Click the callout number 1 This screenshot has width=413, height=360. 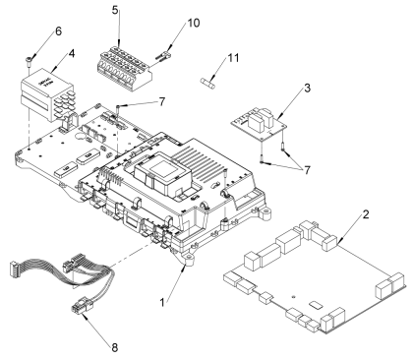pos(162,302)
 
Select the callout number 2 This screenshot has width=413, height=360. pos(366,214)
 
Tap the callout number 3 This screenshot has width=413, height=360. pos(307,88)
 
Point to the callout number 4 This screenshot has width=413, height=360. pos(71,53)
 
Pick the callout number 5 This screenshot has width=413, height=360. pos(115,10)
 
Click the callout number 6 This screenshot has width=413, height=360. pos(58,31)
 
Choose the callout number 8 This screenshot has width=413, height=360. pos(114,347)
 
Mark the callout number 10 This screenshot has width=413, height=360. pos(194,23)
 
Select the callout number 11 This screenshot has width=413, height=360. pos(233,58)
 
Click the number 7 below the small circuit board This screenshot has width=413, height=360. pos(307,170)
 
